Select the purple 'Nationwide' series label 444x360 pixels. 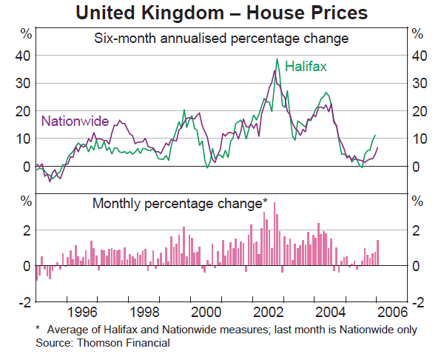pos(75,121)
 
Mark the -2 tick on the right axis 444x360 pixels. pos(418,301)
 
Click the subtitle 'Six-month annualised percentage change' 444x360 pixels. pos(221,39)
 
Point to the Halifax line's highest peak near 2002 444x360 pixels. pos(277,59)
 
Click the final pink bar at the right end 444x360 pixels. pos(378,253)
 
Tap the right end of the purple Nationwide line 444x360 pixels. pos(378,148)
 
